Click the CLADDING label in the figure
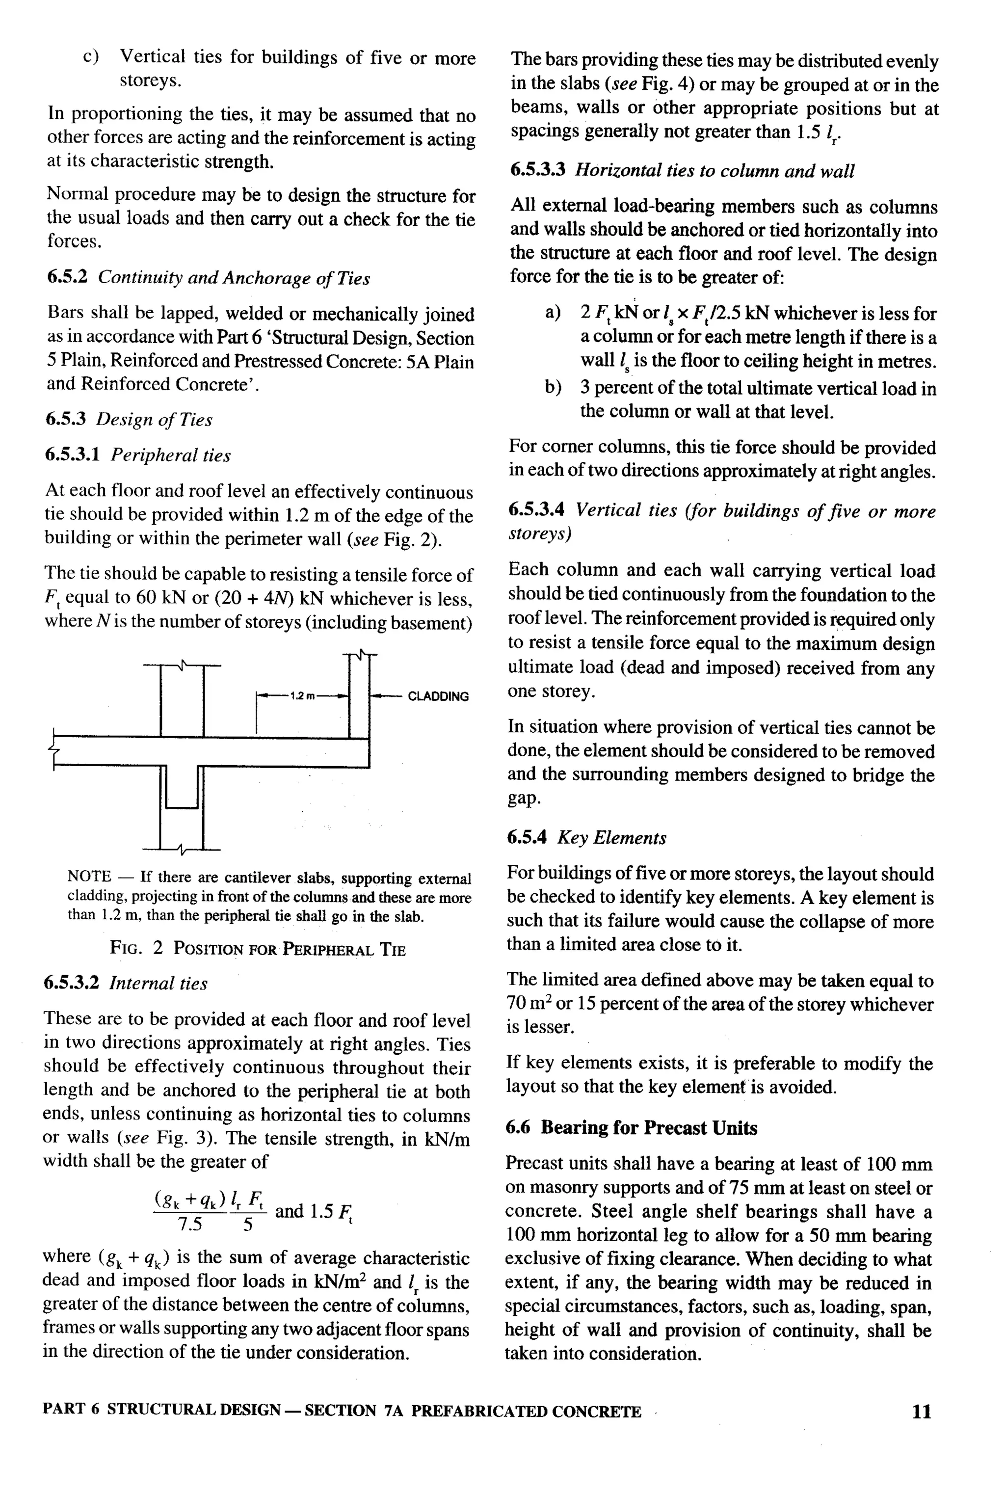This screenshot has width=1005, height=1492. point(438,696)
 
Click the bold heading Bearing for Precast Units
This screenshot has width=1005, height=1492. point(649,1128)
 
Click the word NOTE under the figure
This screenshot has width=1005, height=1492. point(89,876)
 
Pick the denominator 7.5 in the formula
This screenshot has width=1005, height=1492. point(190,1225)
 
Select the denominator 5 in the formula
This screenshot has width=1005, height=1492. point(248,1225)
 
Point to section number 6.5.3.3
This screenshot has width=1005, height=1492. point(537,170)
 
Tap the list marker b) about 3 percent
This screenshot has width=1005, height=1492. point(553,388)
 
